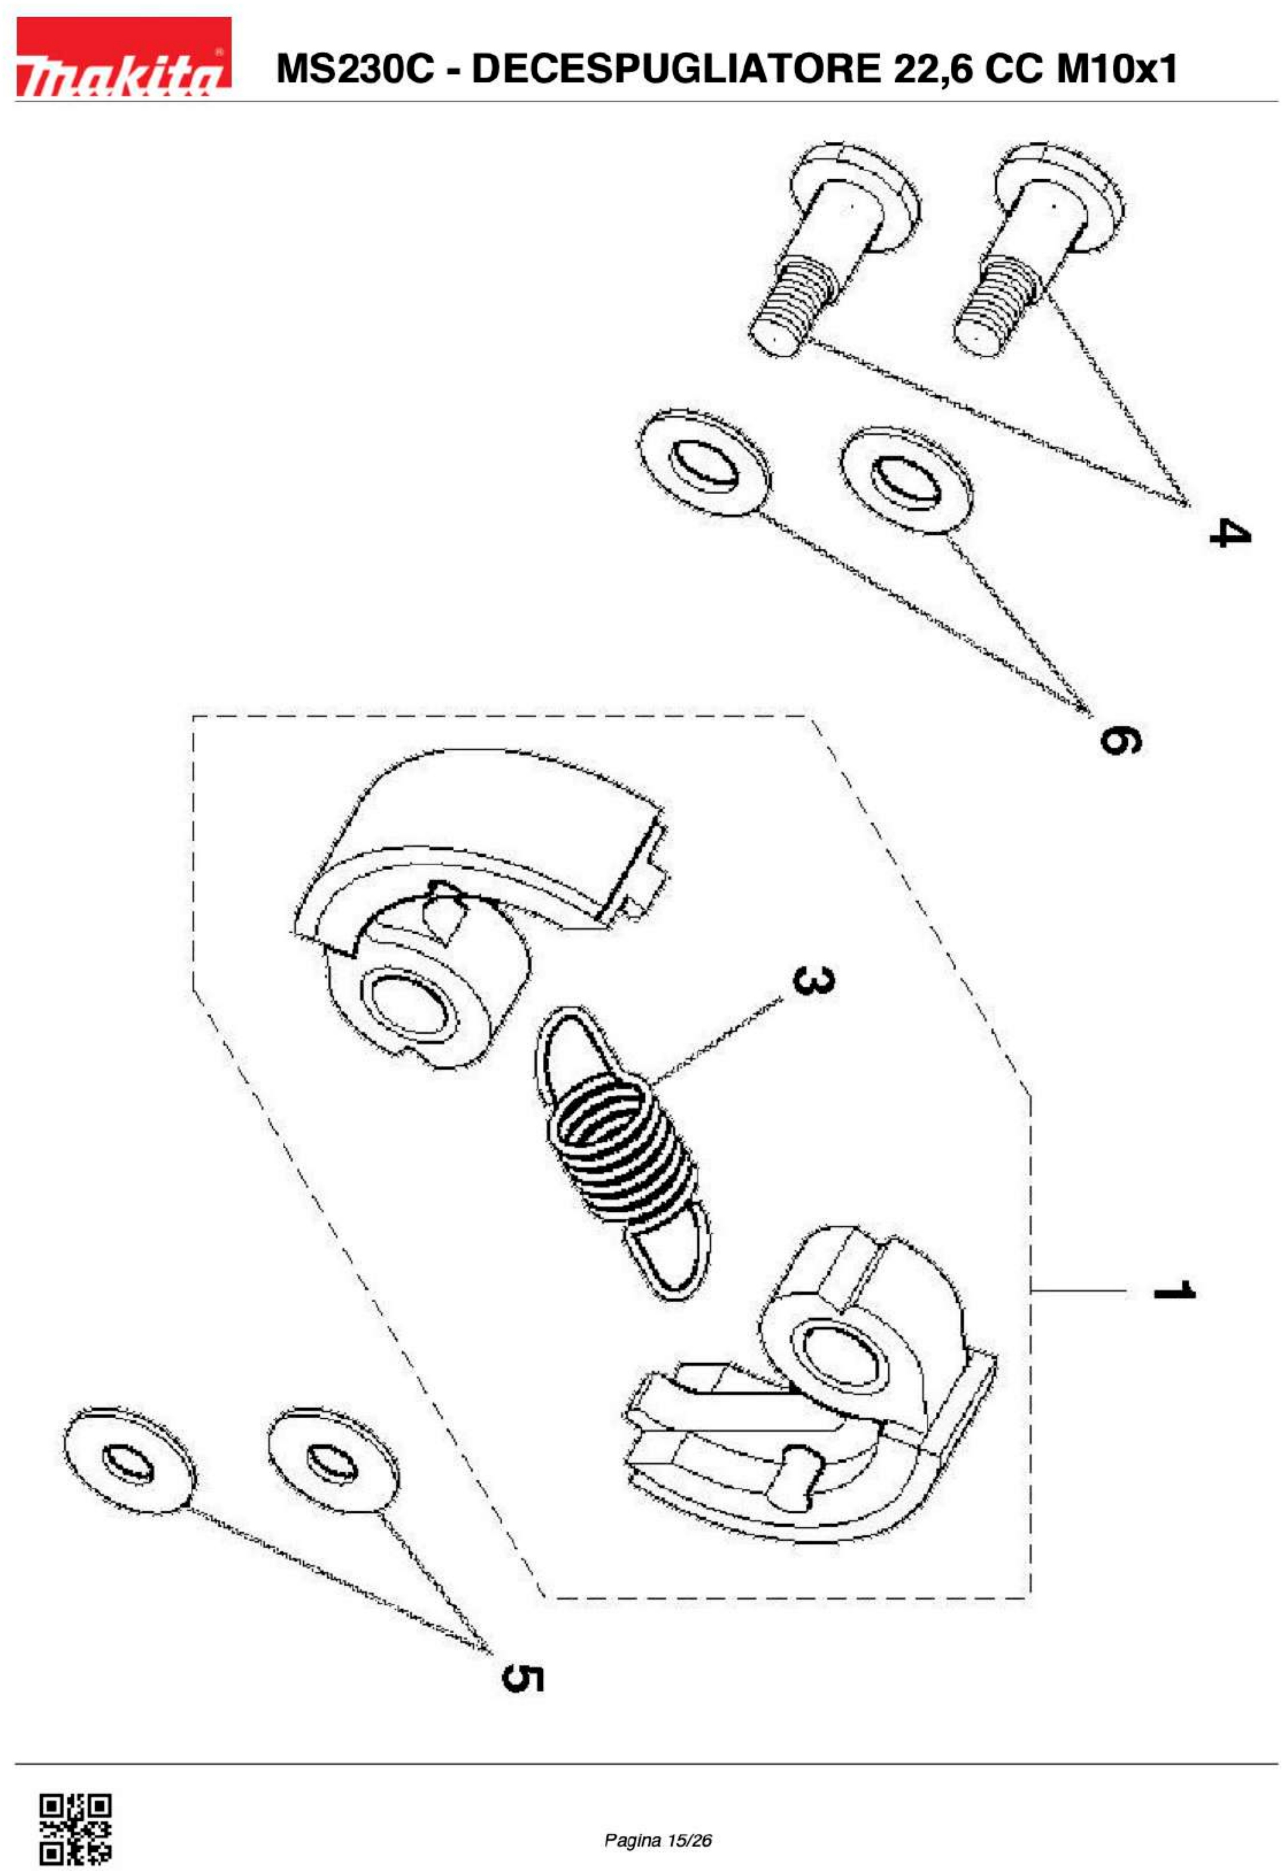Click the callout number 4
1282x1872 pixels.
(1230, 533)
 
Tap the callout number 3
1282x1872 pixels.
(812, 980)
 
